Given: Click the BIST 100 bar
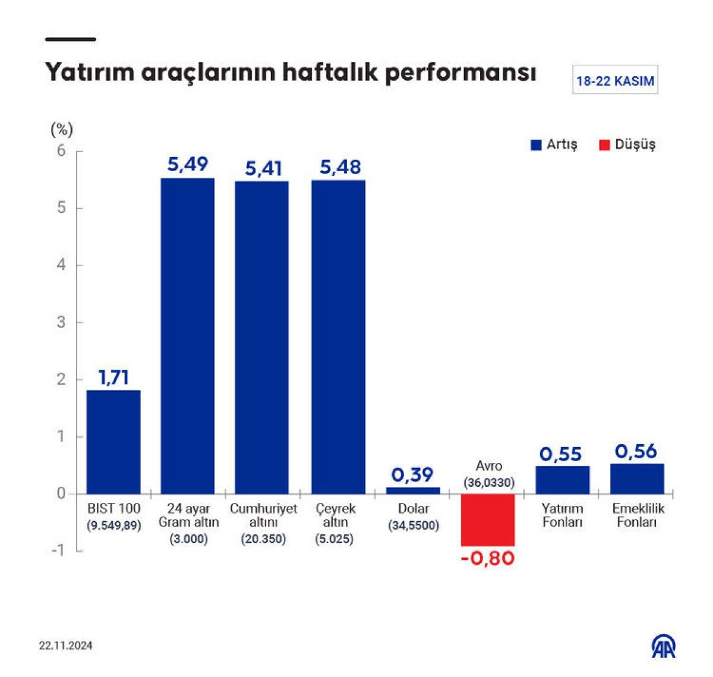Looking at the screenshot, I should click(113, 442).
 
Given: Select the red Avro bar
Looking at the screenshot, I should click(488, 519).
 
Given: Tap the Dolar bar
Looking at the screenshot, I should click(413, 490).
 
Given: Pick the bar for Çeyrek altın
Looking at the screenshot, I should click(338, 336).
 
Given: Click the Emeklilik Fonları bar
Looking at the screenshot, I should click(637, 478).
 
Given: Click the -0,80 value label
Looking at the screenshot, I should click(488, 559).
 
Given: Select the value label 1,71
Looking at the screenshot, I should click(113, 377).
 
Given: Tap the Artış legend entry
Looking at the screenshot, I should click(554, 144).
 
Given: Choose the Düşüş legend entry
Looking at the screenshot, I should click(627, 144).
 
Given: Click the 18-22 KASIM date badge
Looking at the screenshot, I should click(615, 81).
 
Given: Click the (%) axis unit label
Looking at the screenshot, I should click(62, 129).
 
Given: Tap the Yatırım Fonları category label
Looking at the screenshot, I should click(562, 515).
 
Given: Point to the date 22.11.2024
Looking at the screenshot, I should click(66, 645).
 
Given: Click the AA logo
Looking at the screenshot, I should click(664, 647).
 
